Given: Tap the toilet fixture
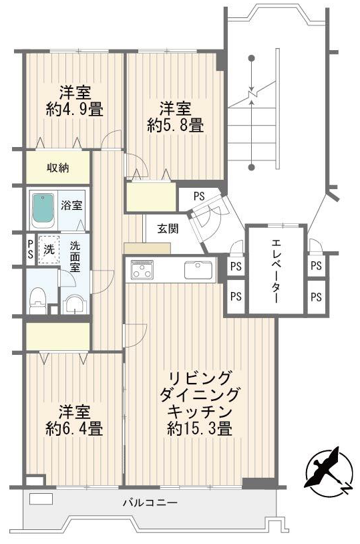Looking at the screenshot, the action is coord(38,301).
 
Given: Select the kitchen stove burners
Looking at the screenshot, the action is coord(142,269).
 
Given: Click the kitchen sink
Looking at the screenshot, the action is coord(198,269).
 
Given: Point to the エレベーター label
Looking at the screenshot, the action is coord(276,271).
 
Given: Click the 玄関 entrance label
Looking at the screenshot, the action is coord(168,229).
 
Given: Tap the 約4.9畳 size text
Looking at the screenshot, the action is coord(75,110).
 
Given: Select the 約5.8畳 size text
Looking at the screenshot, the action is coord(175,125).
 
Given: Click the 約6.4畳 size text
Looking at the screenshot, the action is coord(74,429).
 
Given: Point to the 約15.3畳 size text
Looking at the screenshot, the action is coord(199,429).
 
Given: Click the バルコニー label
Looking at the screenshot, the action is coord(150,503).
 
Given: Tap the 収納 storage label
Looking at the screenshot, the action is coord(58,168).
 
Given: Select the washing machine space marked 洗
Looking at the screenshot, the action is coord(49,249).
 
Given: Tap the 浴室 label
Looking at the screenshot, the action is coord(71,205).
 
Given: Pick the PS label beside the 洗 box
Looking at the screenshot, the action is coord(31,249).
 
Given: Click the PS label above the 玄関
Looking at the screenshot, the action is coord(199,196).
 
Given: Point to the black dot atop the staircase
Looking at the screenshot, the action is coord(252,58).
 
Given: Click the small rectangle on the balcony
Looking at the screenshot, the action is coord(41,499).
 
